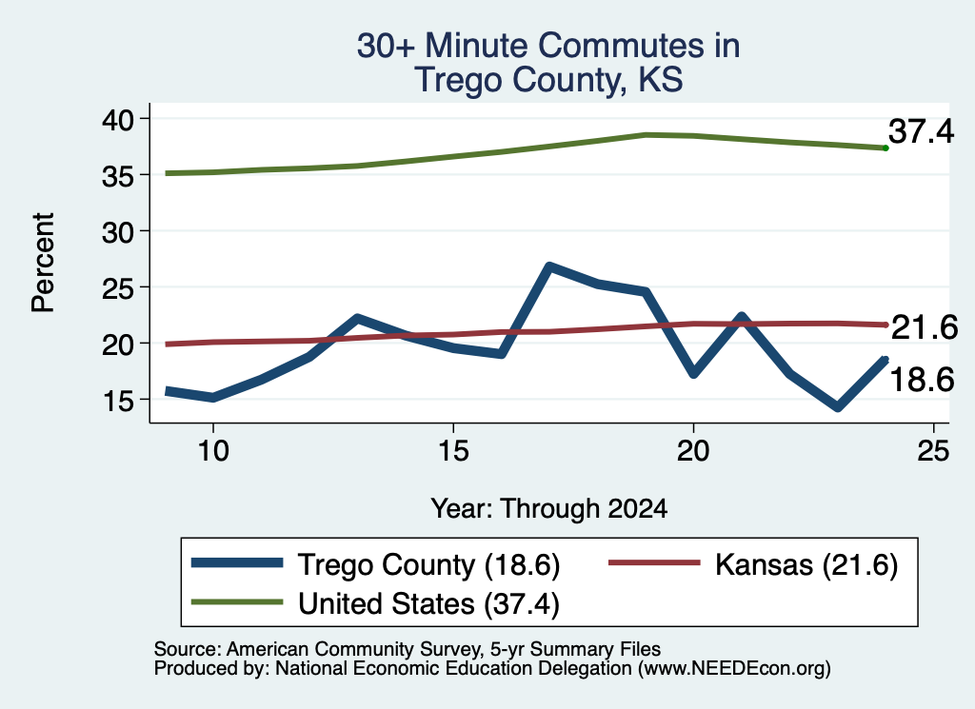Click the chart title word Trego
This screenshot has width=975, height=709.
point(456,81)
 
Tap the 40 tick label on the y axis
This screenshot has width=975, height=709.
point(118,119)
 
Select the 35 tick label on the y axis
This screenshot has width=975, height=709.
point(118,176)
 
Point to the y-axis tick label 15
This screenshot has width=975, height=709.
point(118,401)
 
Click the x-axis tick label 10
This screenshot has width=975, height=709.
point(213,450)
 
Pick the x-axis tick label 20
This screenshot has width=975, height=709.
point(693,450)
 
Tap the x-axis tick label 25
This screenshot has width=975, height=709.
point(933,450)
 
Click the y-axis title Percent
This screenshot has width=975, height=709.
point(43,263)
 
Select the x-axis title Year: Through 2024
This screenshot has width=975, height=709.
point(549,509)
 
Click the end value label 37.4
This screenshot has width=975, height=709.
point(921,131)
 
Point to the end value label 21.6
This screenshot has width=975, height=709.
point(925,327)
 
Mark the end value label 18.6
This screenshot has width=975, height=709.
point(922,380)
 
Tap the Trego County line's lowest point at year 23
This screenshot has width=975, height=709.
point(838,407)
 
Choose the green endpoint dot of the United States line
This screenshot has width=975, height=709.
point(885,148)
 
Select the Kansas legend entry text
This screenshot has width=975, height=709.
point(806,565)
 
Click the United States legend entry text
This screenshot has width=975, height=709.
point(429,604)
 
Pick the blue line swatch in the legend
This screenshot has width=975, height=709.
point(237,563)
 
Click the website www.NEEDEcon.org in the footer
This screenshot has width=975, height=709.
point(734,669)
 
